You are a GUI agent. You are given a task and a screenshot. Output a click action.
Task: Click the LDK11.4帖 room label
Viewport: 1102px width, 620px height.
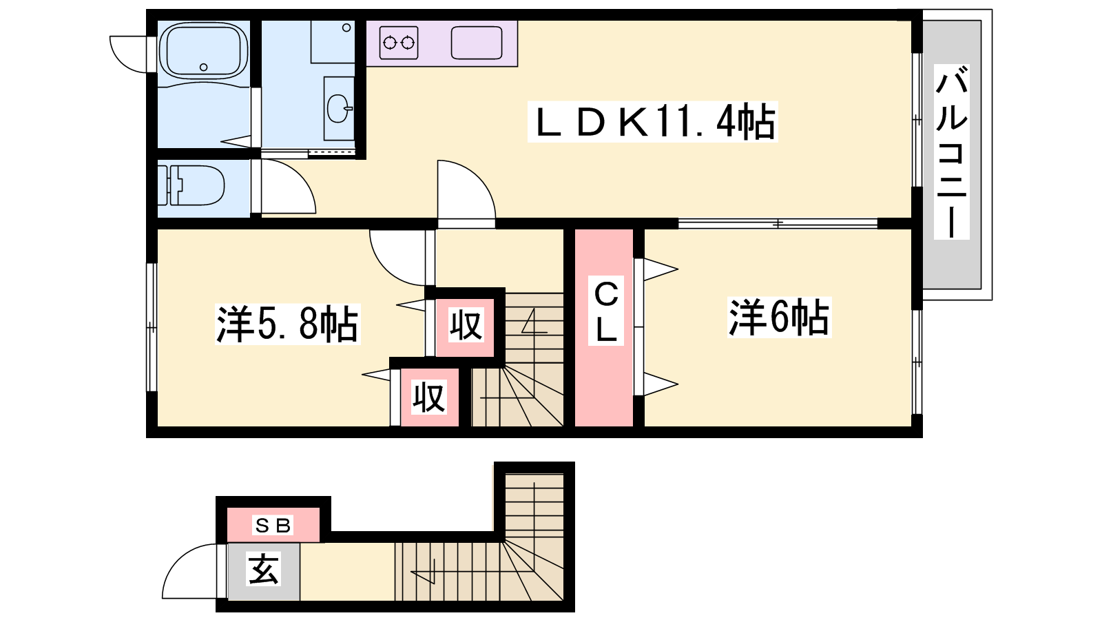652,121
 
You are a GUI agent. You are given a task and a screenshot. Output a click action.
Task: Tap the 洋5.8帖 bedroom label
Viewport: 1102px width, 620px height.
288,324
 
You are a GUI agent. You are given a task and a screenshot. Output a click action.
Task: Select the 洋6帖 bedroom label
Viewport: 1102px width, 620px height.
779,318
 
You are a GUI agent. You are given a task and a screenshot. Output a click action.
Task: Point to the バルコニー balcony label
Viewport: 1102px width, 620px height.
952,152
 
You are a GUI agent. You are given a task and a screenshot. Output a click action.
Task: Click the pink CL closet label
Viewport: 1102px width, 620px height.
606,311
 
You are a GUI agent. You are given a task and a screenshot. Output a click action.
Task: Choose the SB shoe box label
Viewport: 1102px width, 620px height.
273,525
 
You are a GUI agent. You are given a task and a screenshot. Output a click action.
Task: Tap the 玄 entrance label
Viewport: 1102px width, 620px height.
264,569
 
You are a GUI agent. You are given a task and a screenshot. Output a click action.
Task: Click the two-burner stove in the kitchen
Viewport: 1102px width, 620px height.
399,43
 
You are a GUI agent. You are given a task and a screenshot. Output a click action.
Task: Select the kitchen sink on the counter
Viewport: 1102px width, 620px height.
477,43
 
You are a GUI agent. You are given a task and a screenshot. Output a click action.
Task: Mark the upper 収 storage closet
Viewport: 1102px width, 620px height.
466,325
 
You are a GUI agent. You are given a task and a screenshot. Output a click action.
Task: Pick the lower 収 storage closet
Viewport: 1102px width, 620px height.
430,397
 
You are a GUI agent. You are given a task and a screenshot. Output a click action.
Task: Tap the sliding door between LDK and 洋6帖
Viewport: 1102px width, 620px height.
778,223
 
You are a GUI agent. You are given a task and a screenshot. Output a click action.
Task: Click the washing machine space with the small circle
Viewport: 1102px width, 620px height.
333,41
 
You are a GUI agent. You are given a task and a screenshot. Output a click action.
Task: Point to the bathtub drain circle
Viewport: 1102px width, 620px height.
204,67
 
